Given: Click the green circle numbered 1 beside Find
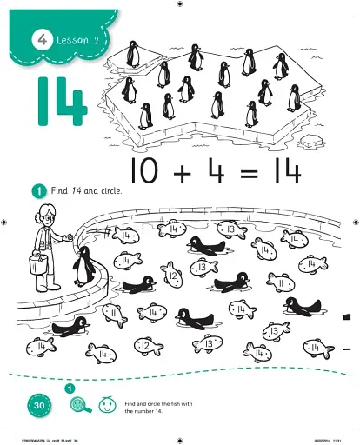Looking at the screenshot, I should (x=39, y=191).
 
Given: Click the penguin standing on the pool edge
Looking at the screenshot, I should (x=83, y=265).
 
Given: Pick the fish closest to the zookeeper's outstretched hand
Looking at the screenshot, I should (x=123, y=236).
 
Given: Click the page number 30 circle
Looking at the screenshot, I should (x=39, y=405).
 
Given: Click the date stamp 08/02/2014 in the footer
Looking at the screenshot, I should (x=317, y=440).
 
